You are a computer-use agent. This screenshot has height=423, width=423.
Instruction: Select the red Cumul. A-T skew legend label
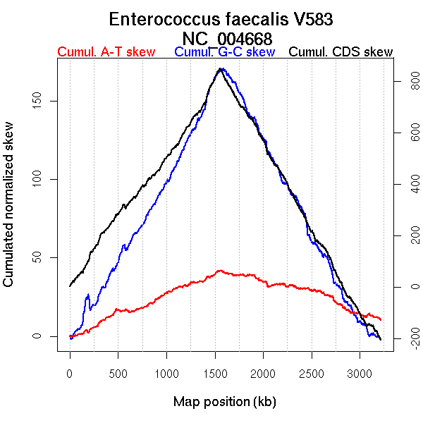click(x=106, y=52)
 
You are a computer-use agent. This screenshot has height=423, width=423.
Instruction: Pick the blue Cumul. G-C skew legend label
click(x=224, y=52)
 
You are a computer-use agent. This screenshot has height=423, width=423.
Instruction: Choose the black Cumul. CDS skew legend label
click(x=341, y=52)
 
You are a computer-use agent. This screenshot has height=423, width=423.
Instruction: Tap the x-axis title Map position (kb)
click(x=224, y=402)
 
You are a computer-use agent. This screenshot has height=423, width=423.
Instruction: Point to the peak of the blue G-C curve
click(x=221, y=69)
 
